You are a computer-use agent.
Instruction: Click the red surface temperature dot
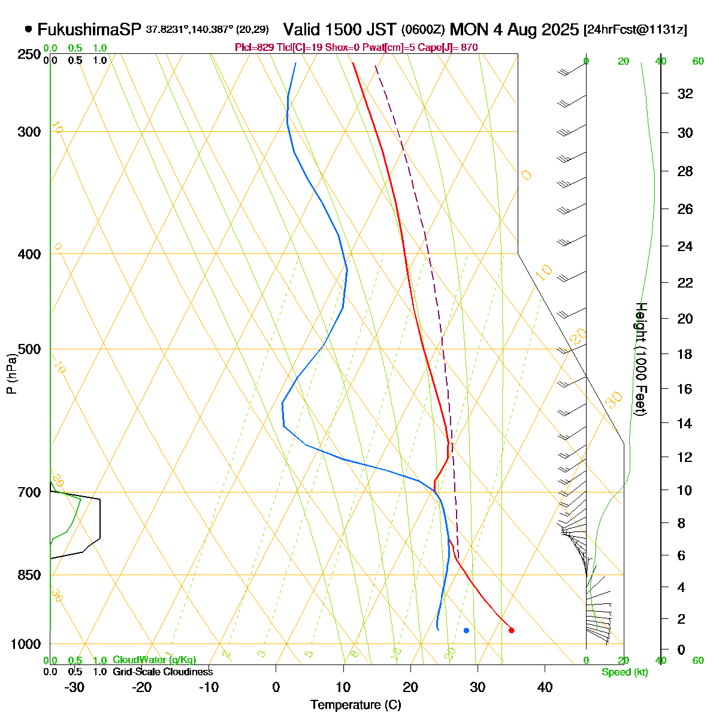point(511,630)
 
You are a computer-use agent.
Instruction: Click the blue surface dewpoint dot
point(466,630)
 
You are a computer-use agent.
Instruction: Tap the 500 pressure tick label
point(30,349)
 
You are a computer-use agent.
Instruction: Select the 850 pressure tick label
point(30,575)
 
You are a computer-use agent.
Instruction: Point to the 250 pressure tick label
point(30,55)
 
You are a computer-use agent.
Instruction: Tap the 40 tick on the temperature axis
point(545,687)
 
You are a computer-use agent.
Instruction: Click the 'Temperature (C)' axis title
point(356,705)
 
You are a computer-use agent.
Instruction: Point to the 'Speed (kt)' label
point(624,672)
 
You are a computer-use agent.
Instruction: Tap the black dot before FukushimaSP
point(28,29)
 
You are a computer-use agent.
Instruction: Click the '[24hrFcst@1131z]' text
point(635,29)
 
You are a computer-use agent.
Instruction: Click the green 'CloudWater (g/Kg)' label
point(154,660)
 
